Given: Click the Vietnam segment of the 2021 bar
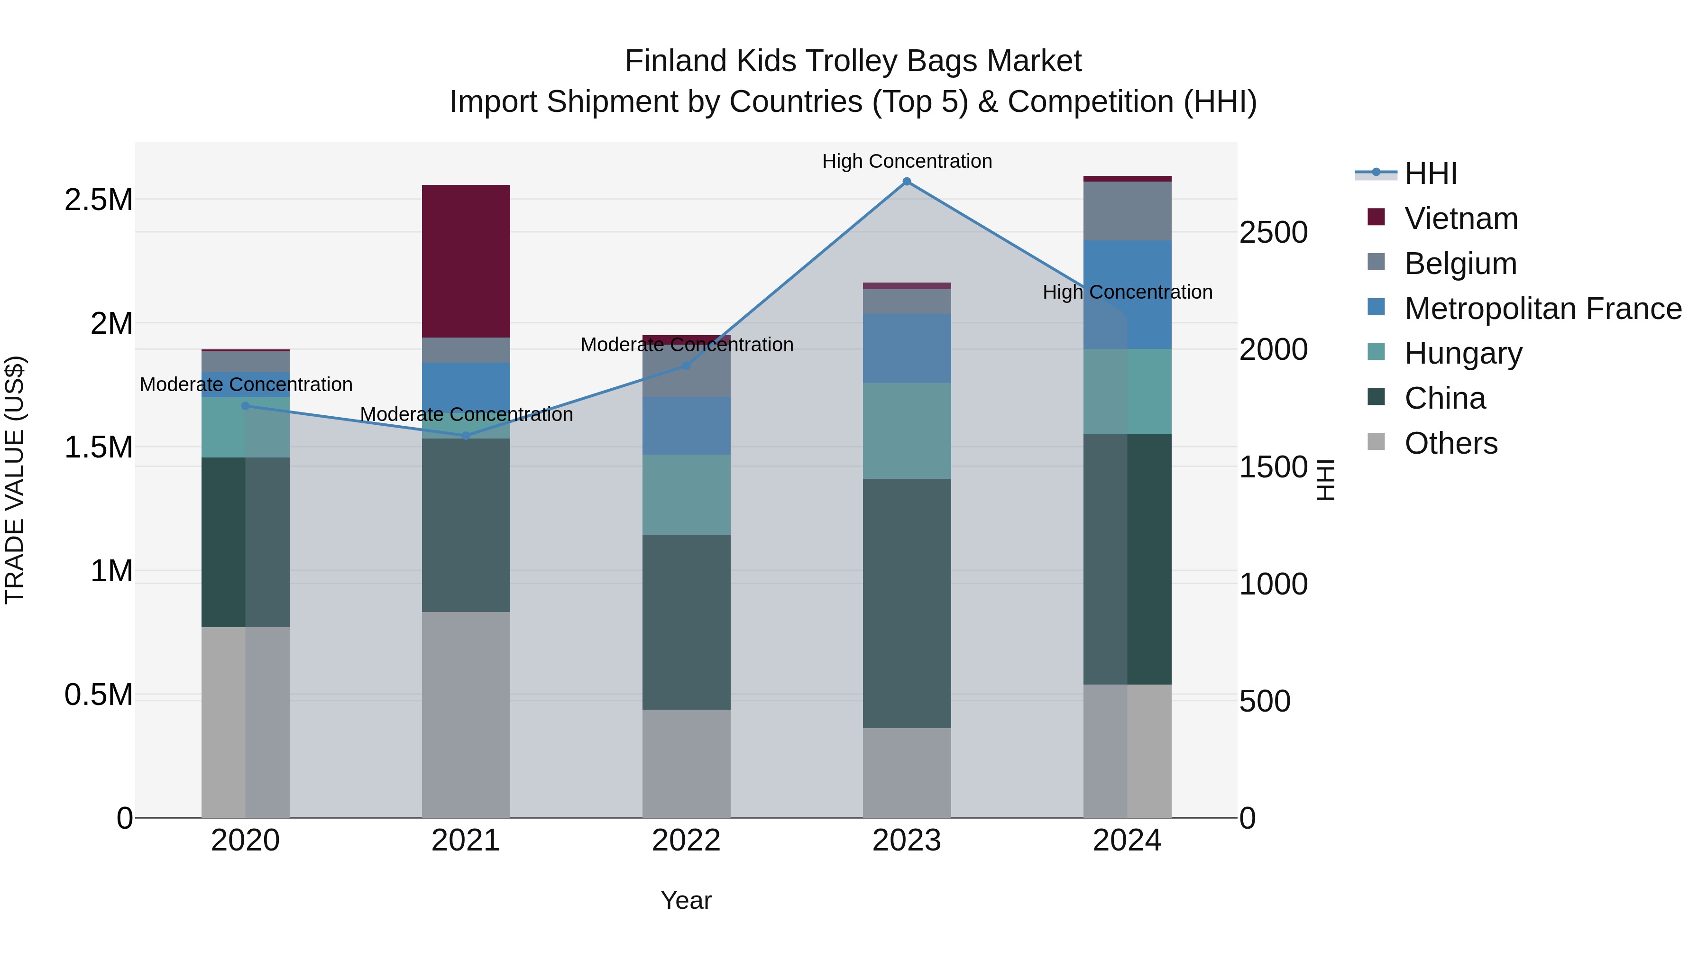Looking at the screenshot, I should click(x=466, y=261).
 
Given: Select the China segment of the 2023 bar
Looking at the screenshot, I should click(x=907, y=603).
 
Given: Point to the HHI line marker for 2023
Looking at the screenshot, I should click(x=907, y=182).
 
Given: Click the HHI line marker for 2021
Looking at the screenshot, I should click(x=466, y=436).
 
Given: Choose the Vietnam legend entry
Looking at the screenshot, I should click(x=1460, y=219).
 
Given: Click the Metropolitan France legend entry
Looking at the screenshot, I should click(x=1542, y=309).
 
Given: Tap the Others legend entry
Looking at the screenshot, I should click(x=1450, y=443).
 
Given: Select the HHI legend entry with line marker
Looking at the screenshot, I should click(x=1430, y=174).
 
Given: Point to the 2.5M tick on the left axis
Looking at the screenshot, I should click(x=99, y=200).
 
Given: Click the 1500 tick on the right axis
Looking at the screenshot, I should click(x=1273, y=467).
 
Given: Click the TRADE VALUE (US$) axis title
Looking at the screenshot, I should click(x=15, y=480).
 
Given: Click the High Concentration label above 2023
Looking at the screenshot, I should click(x=907, y=161).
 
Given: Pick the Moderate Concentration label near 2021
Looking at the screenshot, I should click(x=466, y=415).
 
